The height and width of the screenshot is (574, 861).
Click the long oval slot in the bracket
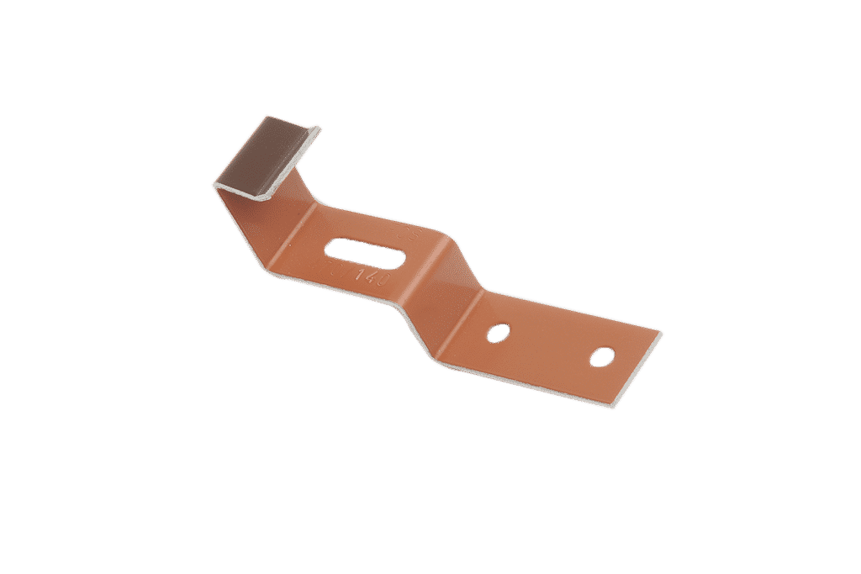tap(367, 250)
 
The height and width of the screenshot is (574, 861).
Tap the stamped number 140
tap(368, 276)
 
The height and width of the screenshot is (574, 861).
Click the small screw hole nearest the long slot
tap(498, 332)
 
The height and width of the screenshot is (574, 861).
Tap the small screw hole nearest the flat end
tap(602, 355)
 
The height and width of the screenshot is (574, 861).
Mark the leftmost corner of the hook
tap(213, 182)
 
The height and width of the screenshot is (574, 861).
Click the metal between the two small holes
tap(551, 345)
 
